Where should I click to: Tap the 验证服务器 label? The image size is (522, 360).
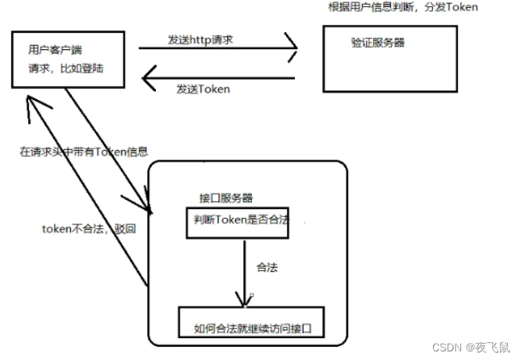[x=378, y=42]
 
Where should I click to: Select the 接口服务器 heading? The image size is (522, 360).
[x=225, y=198]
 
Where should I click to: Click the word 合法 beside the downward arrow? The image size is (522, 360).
[x=268, y=267]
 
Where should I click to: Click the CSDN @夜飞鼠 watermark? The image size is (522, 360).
[x=478, y=346]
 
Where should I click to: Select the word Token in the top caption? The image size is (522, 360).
[x=462, y=7]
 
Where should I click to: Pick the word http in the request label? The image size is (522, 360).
[x=200, y=39]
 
